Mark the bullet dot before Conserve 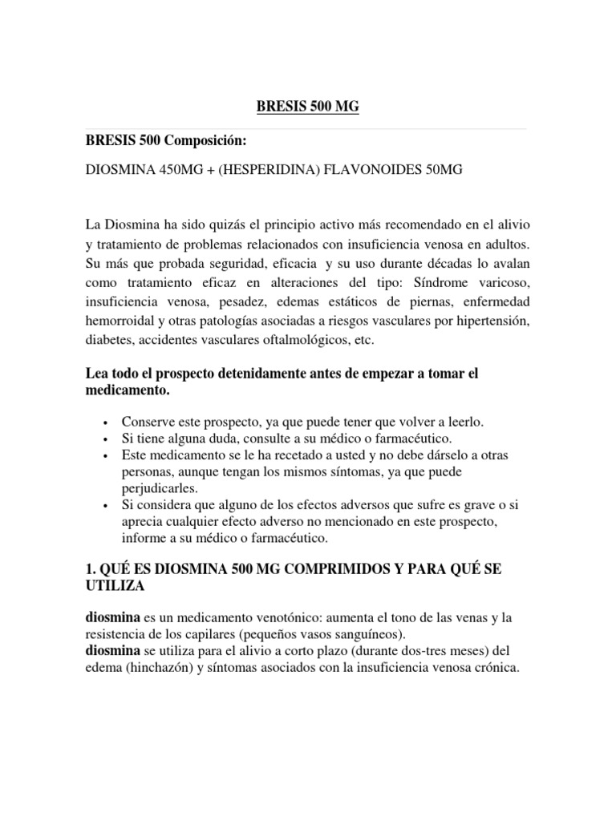pyautogui.click(x=107, y=423)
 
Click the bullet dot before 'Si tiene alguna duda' pyautogui.click(x=107, y=439)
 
